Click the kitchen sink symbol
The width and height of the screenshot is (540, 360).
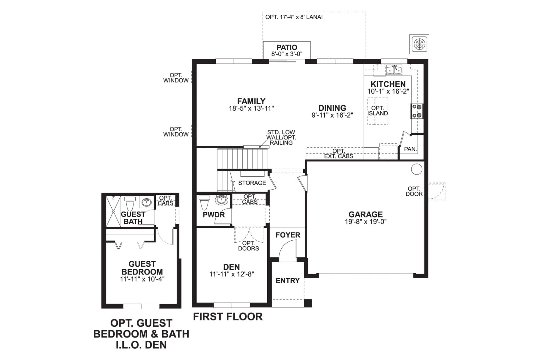394,70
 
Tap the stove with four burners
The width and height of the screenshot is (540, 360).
417,111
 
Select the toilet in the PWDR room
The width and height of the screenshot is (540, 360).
205,202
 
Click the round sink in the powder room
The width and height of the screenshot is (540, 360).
222,199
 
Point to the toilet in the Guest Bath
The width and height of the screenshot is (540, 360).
130,203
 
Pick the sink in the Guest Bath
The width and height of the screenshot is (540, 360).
146,202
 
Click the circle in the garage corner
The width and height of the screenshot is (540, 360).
416,169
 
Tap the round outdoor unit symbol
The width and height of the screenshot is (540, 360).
419,44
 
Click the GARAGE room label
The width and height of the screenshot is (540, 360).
365,214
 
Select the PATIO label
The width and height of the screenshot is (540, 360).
287,47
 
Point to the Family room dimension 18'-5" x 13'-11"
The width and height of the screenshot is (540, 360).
251,108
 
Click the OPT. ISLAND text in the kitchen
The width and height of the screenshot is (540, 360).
378,111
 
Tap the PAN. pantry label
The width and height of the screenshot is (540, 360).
410,149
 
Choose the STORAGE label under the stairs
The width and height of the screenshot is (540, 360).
252,183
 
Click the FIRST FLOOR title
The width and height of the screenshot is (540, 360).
228,316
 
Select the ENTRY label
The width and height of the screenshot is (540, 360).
288,280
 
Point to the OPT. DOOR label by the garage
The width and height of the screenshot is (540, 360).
414,191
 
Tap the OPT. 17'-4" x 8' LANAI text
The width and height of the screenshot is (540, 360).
294,17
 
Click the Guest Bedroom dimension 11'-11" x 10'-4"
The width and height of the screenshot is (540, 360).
142,279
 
